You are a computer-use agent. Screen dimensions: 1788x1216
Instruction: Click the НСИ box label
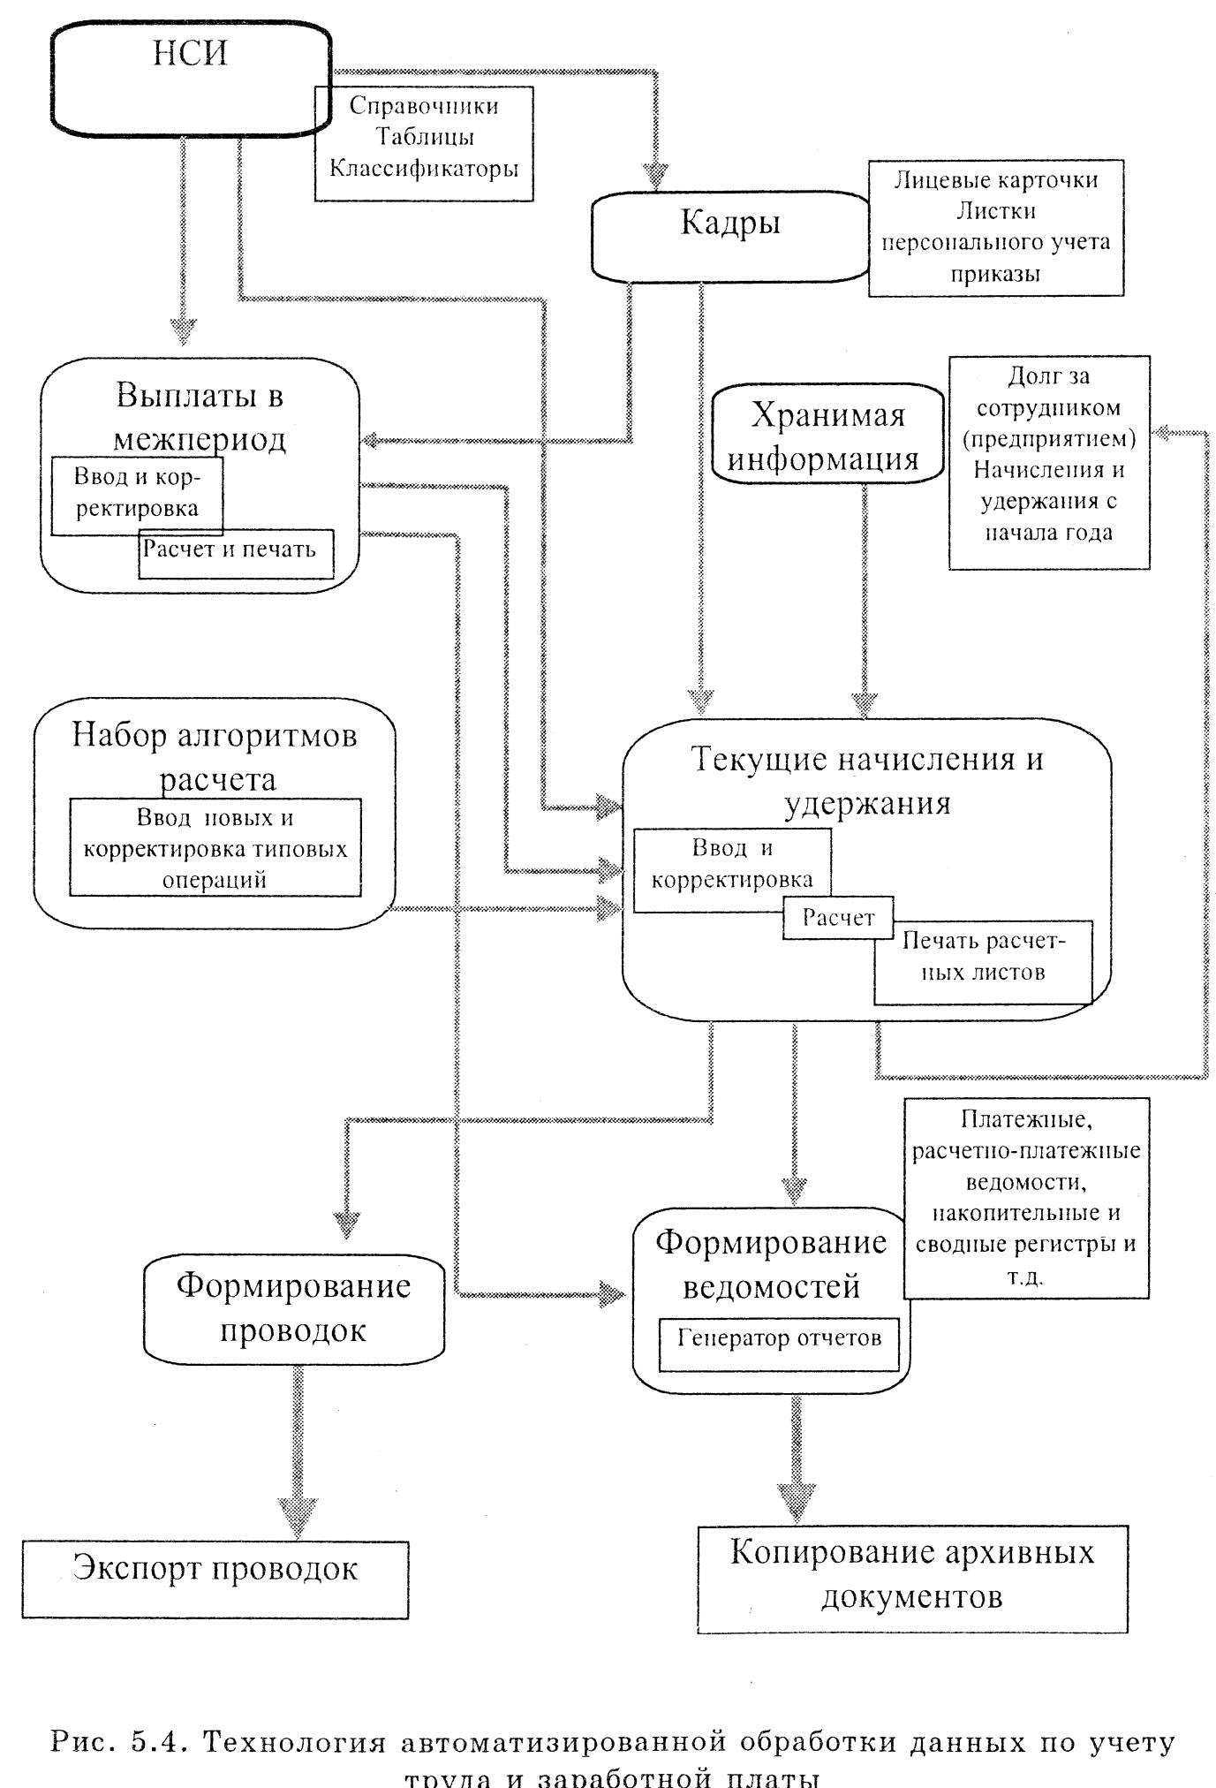[x=190, y=54]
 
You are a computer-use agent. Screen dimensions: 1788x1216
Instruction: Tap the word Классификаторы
[x=424, y=168]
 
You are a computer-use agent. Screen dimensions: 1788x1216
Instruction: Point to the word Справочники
[x=424, y=106]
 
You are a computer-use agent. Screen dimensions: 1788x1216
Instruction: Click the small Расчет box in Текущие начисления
[x=838, y=918]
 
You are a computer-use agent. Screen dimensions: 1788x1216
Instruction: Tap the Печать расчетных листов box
[x=983, y=958]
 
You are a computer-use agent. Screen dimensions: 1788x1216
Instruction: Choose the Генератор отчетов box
[x=779, y=1339]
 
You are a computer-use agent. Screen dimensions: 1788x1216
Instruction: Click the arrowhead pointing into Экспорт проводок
[x=298, y=1517]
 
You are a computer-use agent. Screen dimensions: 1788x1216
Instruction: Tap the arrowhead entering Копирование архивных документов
[x=796, y=1500]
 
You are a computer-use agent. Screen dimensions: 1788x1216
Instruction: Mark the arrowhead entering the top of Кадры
[x=654, y=177]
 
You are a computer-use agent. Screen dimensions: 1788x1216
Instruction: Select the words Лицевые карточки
[x=996, y=180]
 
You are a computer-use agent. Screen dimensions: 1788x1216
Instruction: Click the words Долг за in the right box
[x=1049, y=377]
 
